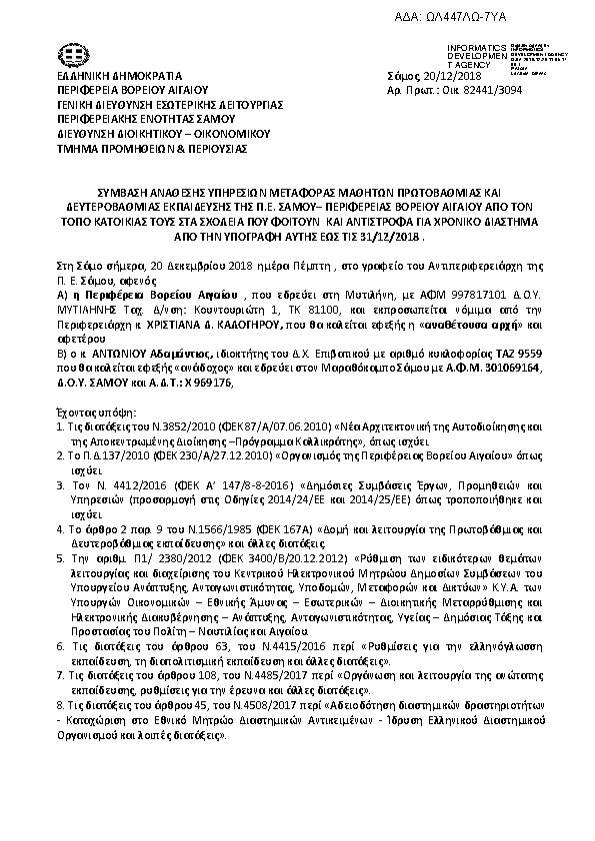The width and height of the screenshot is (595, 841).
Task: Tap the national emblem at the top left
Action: (75, 55)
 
